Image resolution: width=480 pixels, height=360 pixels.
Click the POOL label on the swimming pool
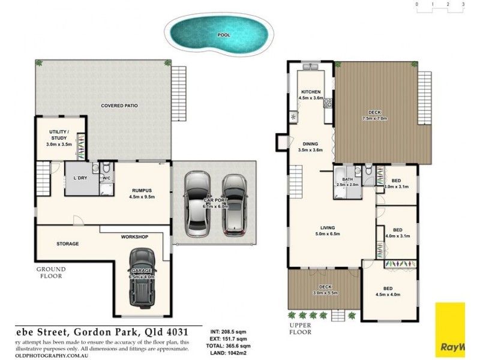[x=224, y=35]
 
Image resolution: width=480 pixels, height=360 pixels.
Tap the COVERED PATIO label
[x=119, y=106]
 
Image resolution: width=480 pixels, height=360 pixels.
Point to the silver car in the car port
[x=196, y=204]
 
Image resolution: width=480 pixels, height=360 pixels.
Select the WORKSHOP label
[x=134, y=237]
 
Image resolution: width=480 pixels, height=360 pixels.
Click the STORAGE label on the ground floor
[x=68, y=244]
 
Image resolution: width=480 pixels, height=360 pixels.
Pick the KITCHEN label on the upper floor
[x=311, y=91]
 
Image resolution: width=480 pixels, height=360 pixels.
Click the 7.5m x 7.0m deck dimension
[x=375, y=119]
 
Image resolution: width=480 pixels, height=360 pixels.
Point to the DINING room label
[x=310, y=143]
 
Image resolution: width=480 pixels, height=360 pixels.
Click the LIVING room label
[x=327, y=227]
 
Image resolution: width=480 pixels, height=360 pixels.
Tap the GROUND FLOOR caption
[x=51, y=273]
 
